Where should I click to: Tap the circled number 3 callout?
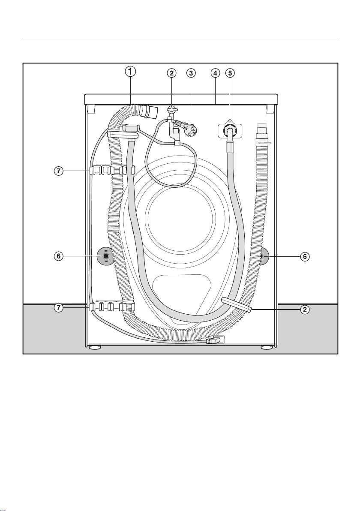[191, 73]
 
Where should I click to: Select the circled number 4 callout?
[215, 73]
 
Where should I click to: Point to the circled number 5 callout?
[230, 73]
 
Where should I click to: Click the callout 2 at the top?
[172, 73]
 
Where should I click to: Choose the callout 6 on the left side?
[59, 256]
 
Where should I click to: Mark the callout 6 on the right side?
[305, 256]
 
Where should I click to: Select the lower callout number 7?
[59, 308]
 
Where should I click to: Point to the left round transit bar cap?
[105, 256]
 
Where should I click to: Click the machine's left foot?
[95, 347]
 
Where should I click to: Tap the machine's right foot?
[267, 347]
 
